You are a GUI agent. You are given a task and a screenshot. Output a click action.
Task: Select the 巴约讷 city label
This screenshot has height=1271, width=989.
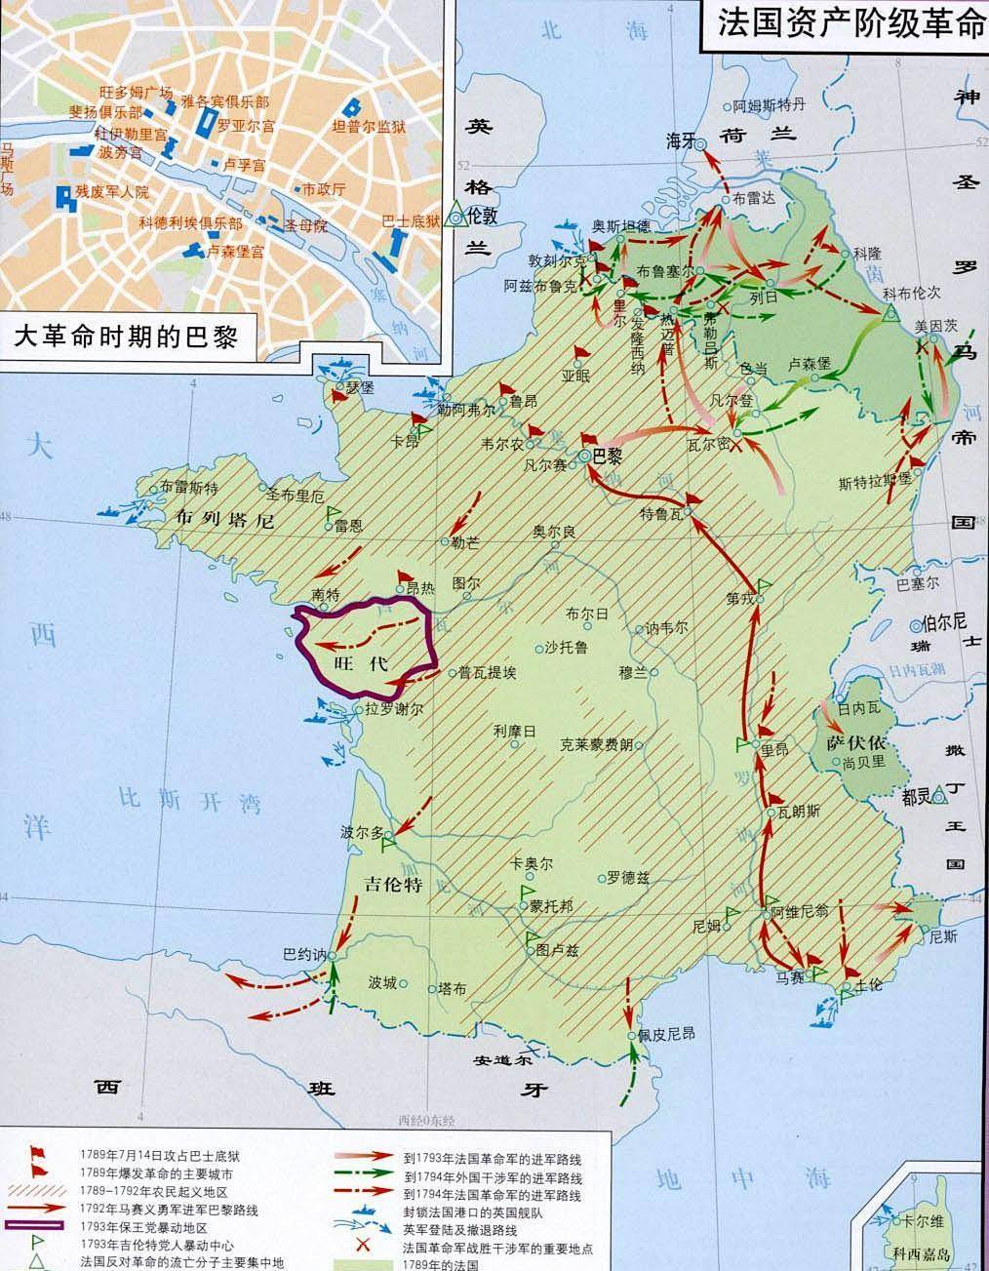click(301, 953)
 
